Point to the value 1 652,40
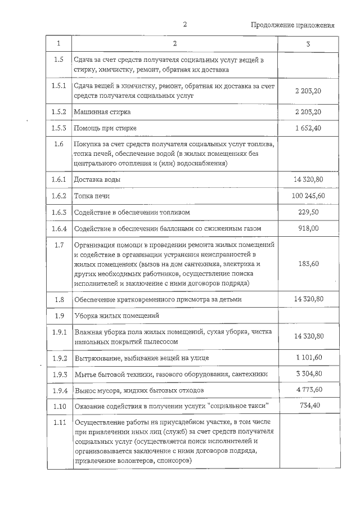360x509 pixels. click(x=308, y=128)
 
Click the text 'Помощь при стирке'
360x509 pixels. click(x=105, y=128)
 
